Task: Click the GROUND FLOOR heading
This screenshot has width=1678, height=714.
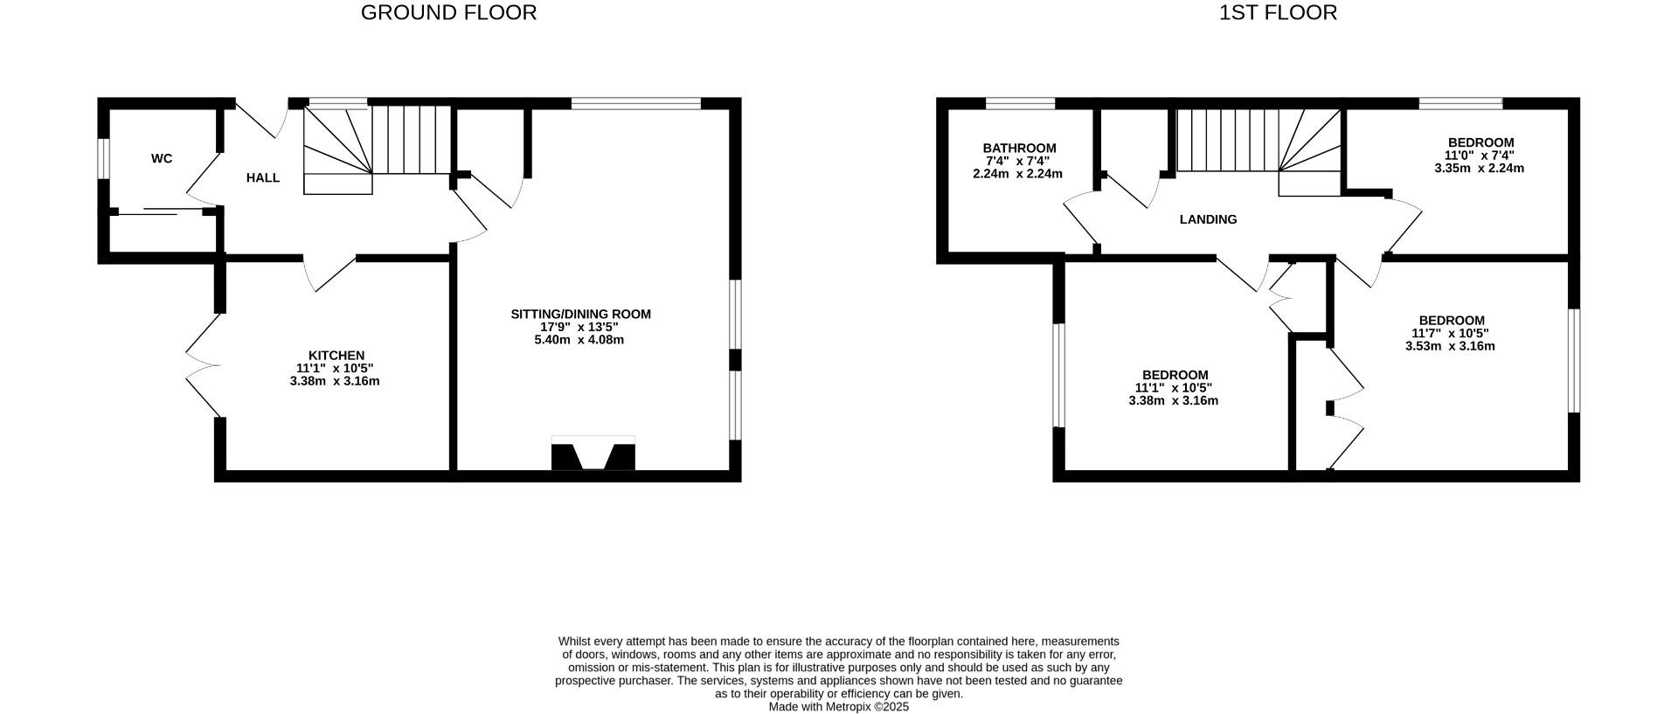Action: click(448, 13)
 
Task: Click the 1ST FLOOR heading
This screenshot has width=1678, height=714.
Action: click(1278, 13)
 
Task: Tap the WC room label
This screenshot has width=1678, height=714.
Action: click(162, 158)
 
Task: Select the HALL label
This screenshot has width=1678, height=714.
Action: click(263, 177)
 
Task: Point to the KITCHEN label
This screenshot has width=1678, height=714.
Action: click(336, 355)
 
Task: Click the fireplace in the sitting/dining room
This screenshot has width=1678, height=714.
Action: click(593, 454)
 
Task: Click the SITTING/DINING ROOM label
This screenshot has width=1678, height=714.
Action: click(580, 314)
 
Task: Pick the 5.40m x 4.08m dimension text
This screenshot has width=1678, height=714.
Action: click(579, 340)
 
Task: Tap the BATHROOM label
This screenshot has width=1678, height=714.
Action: click(1019, 148)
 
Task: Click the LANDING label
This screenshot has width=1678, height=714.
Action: click(1208, 219)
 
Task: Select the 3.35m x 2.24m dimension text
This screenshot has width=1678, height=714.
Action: click(1479, 168)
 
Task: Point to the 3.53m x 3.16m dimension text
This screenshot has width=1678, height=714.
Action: click(1450, 346)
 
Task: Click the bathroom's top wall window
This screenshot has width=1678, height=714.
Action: click(1020, 103)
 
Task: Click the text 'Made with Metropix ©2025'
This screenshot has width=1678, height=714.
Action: click(838, 707)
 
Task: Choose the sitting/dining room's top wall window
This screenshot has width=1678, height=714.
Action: click(636, 103)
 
